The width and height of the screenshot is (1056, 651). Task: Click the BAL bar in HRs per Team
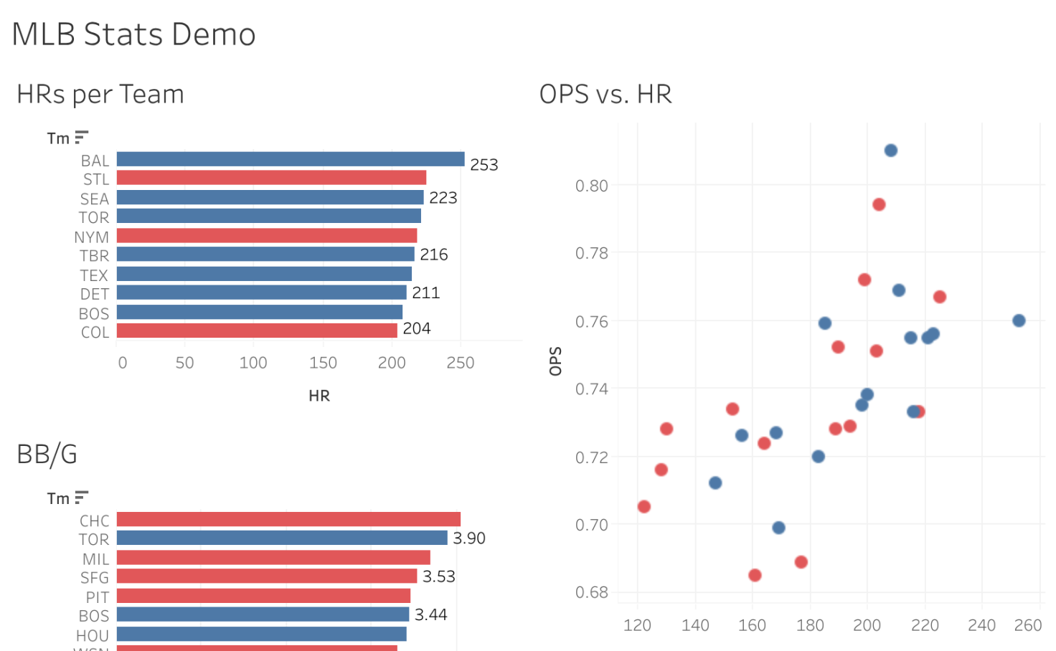[291, 159]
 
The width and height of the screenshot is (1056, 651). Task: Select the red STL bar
[271, 178]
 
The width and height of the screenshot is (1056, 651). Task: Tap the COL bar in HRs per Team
[257, 331]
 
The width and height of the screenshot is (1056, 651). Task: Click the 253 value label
[484, 165]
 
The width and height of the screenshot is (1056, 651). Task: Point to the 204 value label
[417, 328]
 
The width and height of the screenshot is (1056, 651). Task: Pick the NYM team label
[92, 237]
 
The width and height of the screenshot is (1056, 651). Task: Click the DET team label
[95, 294]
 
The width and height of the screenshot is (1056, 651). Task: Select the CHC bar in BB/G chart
[288, 519]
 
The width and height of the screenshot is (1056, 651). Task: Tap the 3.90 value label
[469, 538]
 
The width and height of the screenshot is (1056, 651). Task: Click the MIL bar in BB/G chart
[273, 557]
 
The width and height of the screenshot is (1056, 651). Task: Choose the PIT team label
[98, 597]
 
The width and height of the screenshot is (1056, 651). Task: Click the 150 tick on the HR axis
[323, 363]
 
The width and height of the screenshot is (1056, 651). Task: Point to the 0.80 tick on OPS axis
[591, 186]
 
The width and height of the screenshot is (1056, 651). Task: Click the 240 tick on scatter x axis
[981, 625]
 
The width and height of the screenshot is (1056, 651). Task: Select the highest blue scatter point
[891, 151]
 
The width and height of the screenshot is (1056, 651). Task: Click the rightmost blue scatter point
[1019, 320]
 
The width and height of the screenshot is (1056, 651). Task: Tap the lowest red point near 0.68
[755, 575]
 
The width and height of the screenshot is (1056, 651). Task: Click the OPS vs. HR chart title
[605, 94]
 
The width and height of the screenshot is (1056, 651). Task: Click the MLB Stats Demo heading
[134, 34]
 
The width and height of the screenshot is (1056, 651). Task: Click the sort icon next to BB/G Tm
[82, 497]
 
